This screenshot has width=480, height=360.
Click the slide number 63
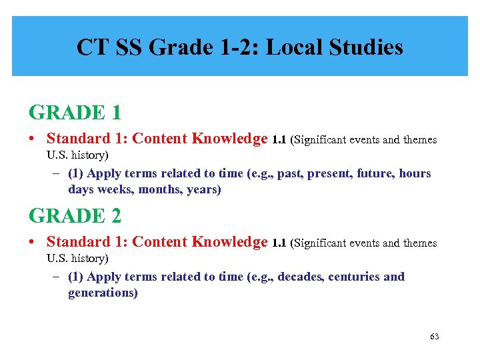[x=435, y=337]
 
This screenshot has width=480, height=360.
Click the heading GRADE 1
[x=75, y=113]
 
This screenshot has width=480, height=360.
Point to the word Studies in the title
[x=371, y=47]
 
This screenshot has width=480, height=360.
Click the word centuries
[x=354, y=277]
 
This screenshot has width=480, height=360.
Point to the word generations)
[x=103, y=293]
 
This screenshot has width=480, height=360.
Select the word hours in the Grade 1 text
[x=415, y=173]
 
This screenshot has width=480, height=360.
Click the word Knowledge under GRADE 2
[x=229, y=242]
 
